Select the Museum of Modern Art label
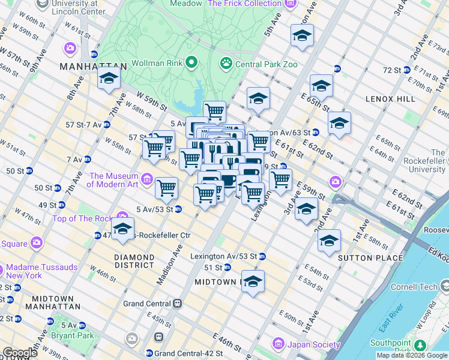pyautogui.click(x=114, y=180)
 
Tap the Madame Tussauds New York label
pyautogui.click(x=32, y=271)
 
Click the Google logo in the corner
pyautogui.click(x=19, y=353)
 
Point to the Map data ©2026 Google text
pyautogui.click(x=412, y=355)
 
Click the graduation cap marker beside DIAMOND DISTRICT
pyautogui.click(x=122, y=229)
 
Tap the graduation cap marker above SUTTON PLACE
pyautogui.click(x=329, y=240)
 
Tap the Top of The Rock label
pyautogui.click(x=85, y=219)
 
